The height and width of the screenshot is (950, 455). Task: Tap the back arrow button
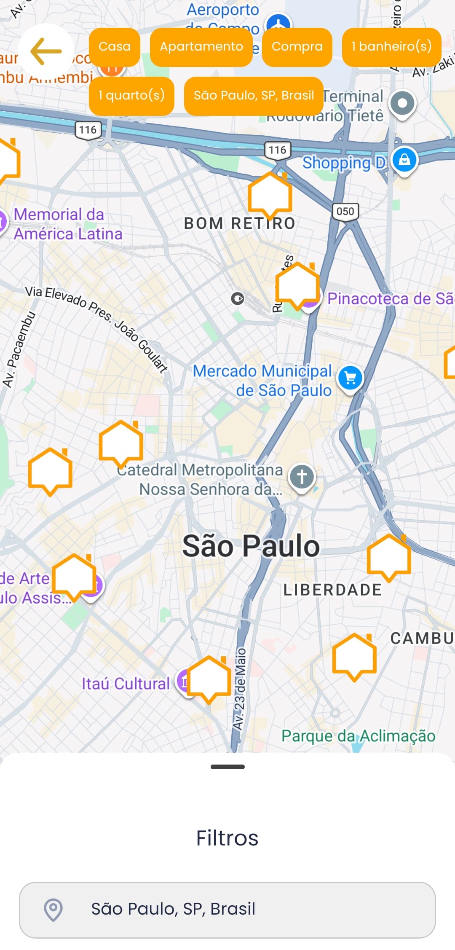point(46,51)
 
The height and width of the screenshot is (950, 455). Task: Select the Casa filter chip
point(114,47)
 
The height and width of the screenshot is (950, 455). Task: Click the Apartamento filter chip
point(201,47)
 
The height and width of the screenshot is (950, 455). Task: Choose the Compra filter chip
point(297,47)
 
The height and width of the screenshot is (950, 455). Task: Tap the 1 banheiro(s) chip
point(391,47)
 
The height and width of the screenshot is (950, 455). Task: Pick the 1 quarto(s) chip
point(131,96)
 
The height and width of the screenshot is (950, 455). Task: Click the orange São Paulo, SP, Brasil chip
point(254,96)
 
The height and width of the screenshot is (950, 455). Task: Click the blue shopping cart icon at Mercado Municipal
point(350,378)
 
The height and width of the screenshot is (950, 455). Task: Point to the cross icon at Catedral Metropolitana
point(302,477)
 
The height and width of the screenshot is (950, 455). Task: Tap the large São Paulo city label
point(251,546)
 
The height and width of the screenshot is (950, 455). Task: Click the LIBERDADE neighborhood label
point(332,590)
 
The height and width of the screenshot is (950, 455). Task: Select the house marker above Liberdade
point(388,557)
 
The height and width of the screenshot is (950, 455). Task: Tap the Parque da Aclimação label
point(358,736)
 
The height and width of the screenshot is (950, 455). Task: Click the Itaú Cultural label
point(126,684)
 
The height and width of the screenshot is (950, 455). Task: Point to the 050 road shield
point(345,211)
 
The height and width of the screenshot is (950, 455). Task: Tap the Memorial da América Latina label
point(67,224)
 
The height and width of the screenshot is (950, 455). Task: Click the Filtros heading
point(227,838)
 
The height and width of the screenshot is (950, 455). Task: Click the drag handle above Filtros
point(227,767)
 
